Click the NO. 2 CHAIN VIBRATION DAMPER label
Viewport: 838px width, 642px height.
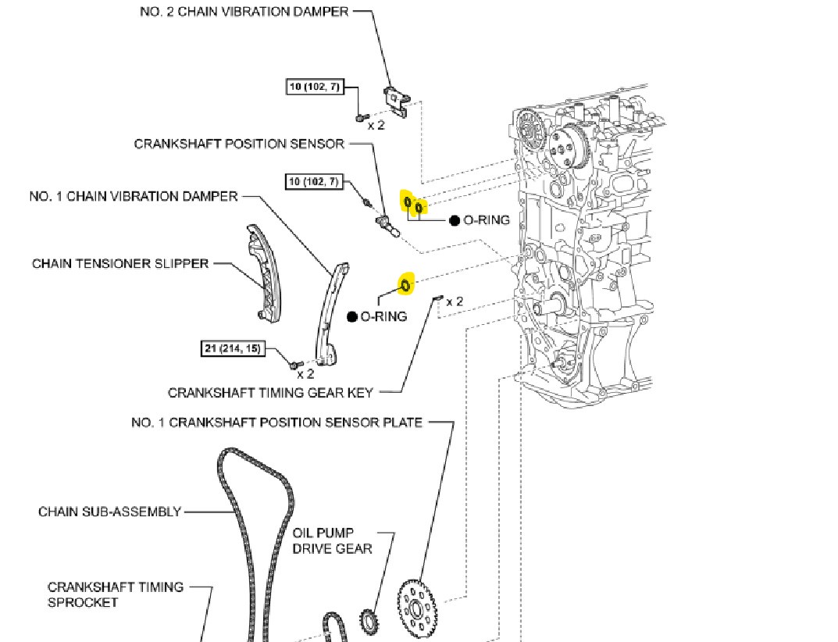[x=244, y=12]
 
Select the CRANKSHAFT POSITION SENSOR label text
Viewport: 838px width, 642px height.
[x=239, y=144]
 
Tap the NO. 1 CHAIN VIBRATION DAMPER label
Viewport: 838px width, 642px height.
[x=134, y=196]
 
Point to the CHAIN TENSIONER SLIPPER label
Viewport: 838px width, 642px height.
[x=120, y=263]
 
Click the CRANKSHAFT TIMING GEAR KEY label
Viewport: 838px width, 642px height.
[x=270, y=392]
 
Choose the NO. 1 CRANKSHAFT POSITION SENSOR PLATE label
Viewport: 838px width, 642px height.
[x=276, y=423]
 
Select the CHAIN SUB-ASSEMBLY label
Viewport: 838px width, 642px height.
[x=109, y=512]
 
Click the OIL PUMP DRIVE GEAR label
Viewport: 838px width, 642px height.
[x=332, y=540]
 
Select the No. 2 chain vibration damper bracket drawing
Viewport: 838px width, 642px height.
[x=396, y=102]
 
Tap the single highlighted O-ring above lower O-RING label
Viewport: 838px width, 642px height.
[x=406, y=285]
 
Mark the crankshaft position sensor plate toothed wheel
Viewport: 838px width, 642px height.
[x=416, y=608]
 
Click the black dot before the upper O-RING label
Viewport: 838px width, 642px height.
[x=455, y=221]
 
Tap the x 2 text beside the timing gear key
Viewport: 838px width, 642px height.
[x=455, y=301]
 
